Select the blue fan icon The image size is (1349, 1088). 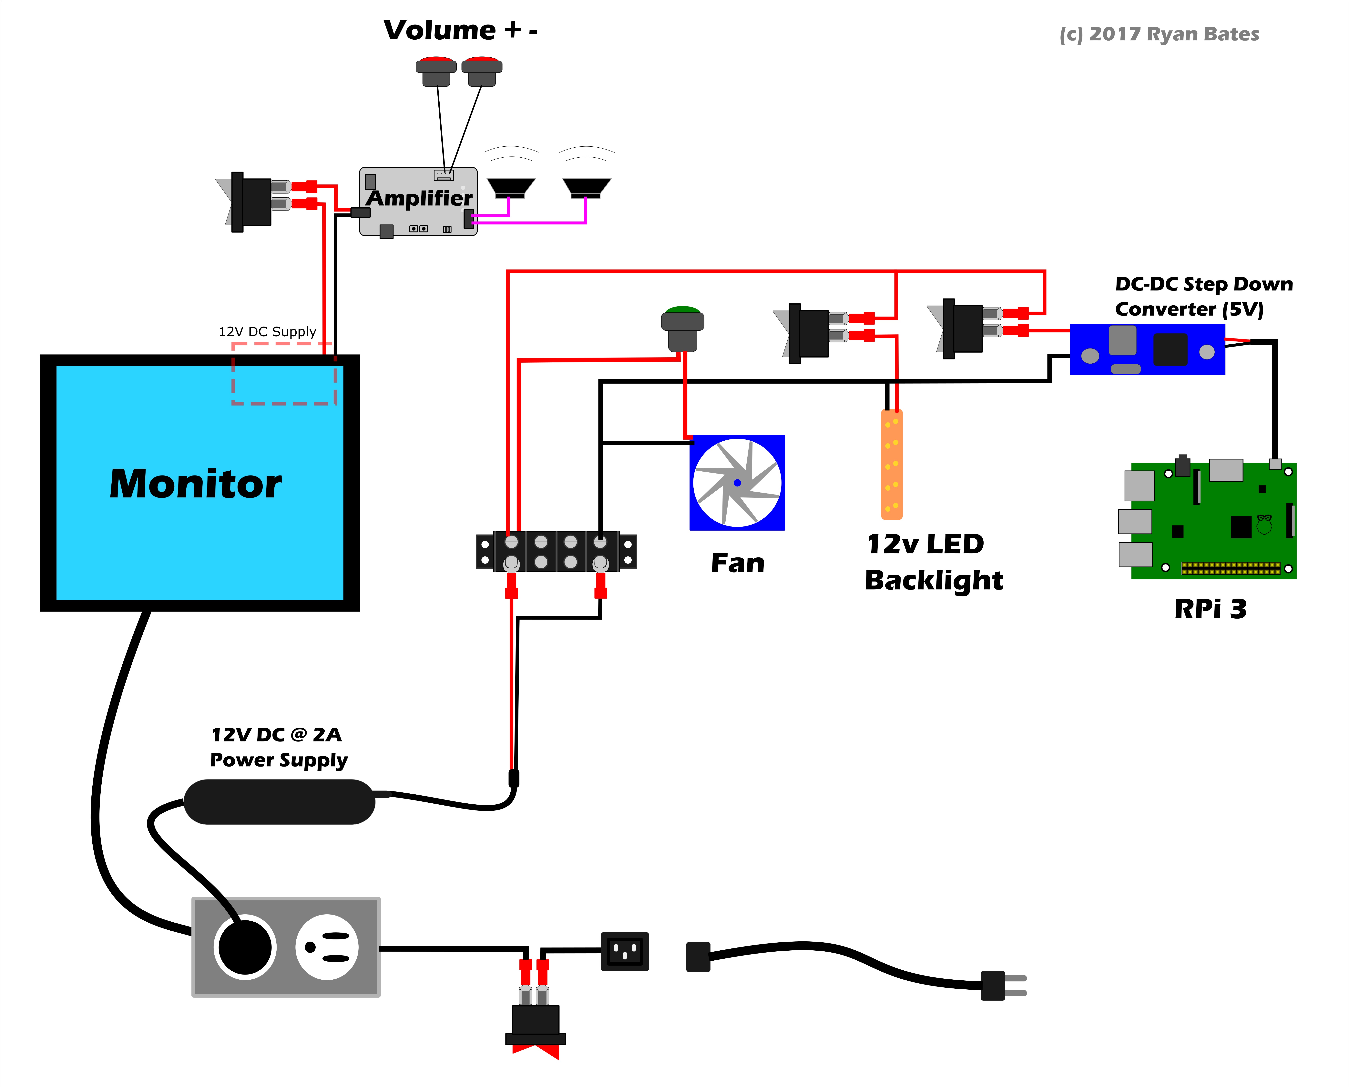click(x=737, y=483)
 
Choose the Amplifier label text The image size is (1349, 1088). click(x=419, y=198)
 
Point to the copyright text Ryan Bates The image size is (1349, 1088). click(x=1159, y=34)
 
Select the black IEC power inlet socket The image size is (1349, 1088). click(x=625, y=951)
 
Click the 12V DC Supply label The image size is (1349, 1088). click(x=267, y=332)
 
